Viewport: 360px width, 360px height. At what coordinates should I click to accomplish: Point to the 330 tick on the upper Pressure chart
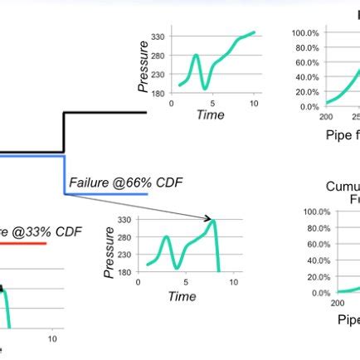click(158, 38)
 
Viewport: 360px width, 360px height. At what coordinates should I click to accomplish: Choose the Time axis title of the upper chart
click(211, 115)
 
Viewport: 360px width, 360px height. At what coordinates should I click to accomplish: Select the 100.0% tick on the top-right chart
click(306, 32)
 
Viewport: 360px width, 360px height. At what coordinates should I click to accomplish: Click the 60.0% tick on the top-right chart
click(308, 62)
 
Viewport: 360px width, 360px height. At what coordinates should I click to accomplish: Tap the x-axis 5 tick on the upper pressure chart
click(212, 104)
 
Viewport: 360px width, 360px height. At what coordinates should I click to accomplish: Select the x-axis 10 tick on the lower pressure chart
click(235, 282)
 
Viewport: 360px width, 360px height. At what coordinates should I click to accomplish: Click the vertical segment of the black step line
click(64, 133)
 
